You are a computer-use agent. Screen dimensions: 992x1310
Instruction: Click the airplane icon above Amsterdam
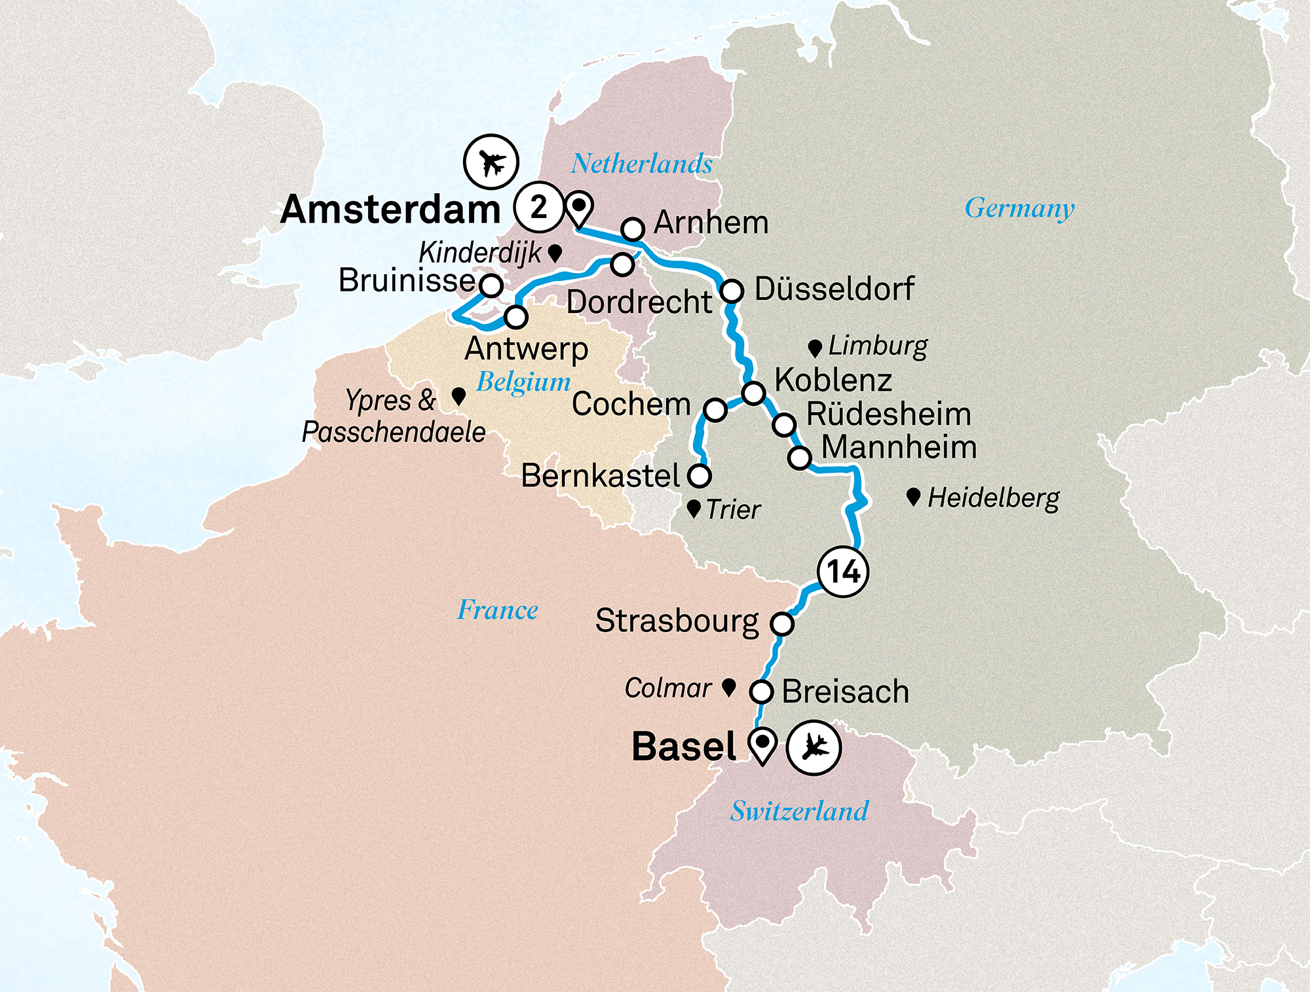coord(491,162)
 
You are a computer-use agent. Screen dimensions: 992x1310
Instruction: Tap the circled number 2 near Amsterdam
coord(538,208)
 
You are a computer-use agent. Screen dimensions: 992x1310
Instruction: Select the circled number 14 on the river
coord(843,572)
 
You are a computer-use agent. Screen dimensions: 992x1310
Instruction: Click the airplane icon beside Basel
coord(813,747)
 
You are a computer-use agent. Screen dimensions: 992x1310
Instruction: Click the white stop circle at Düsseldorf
coord(732,290)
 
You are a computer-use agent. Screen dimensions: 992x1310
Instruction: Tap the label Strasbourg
coord(677,621)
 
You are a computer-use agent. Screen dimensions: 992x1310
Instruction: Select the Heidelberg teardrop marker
coord(914,496)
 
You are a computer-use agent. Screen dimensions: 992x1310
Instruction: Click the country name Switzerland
coord(799,811)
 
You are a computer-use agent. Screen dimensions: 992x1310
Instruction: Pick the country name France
coord(497,610)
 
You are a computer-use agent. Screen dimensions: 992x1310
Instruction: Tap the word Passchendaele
coord(394,432)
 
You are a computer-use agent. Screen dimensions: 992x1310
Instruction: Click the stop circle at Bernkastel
coord(700,475)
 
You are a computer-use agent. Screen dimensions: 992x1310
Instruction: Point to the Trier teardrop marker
coord(694,508)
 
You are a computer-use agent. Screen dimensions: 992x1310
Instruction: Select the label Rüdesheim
coord(888,414)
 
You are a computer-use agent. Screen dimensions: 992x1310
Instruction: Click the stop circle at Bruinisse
coord(491,285)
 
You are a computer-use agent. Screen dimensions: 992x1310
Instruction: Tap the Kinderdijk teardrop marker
coord(555,252)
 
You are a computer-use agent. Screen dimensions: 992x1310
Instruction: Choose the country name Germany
coord(1019,208)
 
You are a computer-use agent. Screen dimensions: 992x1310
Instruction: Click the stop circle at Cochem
coord(715,410)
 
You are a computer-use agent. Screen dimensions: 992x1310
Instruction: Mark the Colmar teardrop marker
coord(728,687)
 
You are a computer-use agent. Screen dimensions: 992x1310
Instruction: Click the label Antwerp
coord(526,349)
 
